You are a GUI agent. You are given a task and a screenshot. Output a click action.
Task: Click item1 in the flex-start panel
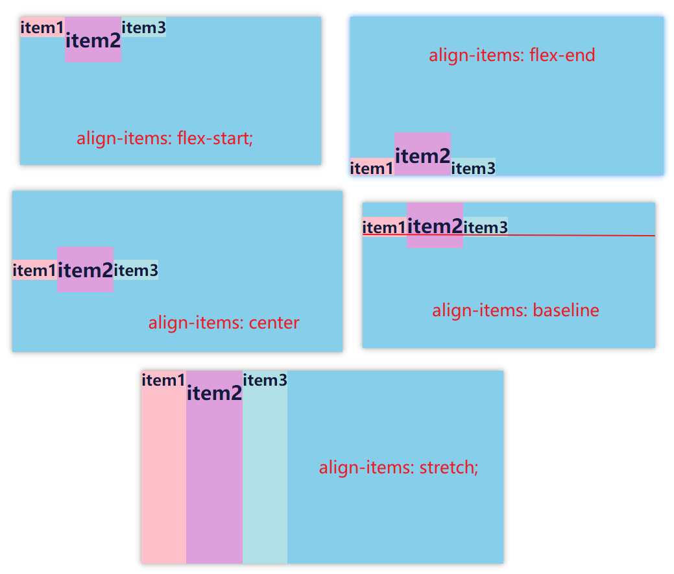coord(42,27)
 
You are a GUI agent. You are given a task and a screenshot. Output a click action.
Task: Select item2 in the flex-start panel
coord(93,40)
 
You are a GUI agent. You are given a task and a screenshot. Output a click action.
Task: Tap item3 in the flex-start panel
coord(144,27)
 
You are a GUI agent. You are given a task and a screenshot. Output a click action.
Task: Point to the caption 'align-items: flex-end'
coord(512,55)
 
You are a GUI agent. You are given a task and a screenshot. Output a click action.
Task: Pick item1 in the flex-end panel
coord(372,168)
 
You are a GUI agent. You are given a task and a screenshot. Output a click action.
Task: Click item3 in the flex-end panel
coord(473,168)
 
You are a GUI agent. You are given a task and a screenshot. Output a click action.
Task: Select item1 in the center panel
coord(34,269)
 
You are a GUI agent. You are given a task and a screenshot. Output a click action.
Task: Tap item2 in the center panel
coord(85,269)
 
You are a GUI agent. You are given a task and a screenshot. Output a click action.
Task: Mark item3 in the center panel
coord(136,269)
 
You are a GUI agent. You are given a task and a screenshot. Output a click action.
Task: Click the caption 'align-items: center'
coord(224,323)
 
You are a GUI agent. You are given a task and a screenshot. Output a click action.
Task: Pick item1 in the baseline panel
coord(384,227)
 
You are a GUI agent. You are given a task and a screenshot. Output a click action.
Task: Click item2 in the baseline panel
coord(435,225)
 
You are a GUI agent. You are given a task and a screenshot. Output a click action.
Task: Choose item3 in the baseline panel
coord(485,227)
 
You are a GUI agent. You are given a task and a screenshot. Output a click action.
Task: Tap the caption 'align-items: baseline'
coord(516,310)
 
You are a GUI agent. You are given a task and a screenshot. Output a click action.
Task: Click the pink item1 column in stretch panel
coord(163,468)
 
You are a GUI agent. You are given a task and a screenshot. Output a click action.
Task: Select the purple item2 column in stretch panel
coord(214,468)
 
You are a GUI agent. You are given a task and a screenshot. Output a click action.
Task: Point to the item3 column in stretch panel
coord(265,468)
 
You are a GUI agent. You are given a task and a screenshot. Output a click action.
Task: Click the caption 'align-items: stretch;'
coord(398,468)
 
